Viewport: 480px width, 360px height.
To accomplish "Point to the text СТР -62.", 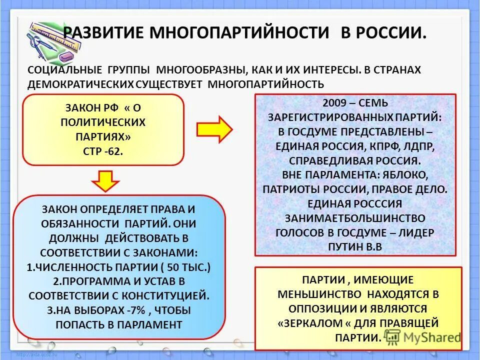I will (x=103, y=151).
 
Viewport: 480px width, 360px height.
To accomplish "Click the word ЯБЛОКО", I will (x=408, y=175).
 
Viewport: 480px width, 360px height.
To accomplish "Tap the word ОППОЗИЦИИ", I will (x=318, y=308).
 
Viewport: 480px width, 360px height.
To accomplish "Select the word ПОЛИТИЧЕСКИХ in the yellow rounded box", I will (x=103, y=122).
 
